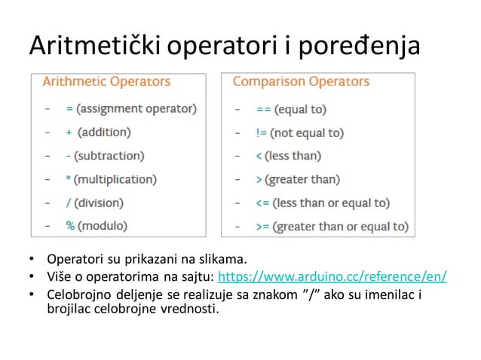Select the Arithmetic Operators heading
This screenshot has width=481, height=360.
pyautogui.click(x=106, y=81)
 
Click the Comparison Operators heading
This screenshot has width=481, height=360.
pyautogui.click(x=301, y=81)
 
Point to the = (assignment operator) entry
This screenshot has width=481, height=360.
pyautogui.click(x=131, y=108)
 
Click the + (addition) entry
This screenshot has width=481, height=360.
pyautogui.click(x=98, y=132)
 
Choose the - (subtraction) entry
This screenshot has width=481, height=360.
pyautogui.click(x=105, y=156)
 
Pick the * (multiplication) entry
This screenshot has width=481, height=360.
pyautogui.click(x=111, y=179)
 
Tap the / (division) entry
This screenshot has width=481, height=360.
pyautogui.click(x=94, y=203)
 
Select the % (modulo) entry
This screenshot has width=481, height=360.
pyautogui.click(x=97, y=225)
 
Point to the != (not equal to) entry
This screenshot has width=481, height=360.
pyautogui.click(x=299, y=133)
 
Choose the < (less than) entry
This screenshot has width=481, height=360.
pyautogui.click(x=288, y=156)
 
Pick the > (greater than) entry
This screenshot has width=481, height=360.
pyautogui.click(x=298, y=179)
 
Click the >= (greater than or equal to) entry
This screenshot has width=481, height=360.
pyautogui.click(x=332, y=226)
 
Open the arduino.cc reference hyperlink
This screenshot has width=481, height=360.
pyautogui.click(x=332, y=276)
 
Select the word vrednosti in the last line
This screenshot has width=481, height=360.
pyautogui.click(x=192, y=307)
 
